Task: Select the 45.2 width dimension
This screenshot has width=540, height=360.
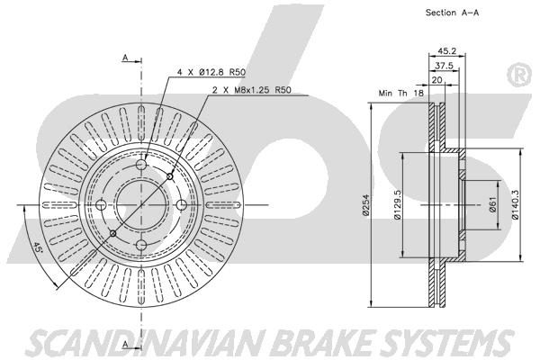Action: click(445, 51)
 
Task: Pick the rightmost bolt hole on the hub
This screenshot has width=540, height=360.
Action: click(182, 206)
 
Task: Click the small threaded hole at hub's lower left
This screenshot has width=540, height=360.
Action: click(112, 234)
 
